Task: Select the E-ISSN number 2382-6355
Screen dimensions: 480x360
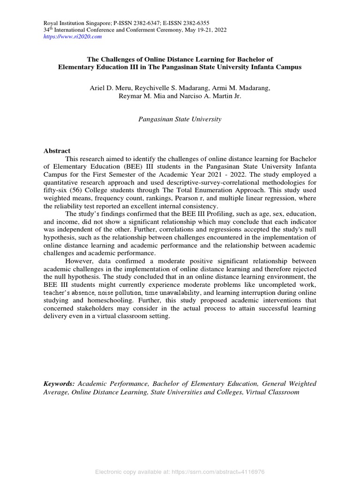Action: point(193,23)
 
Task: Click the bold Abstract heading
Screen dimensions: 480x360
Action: point(57,151)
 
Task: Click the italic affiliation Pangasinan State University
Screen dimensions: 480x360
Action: point(180,119)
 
